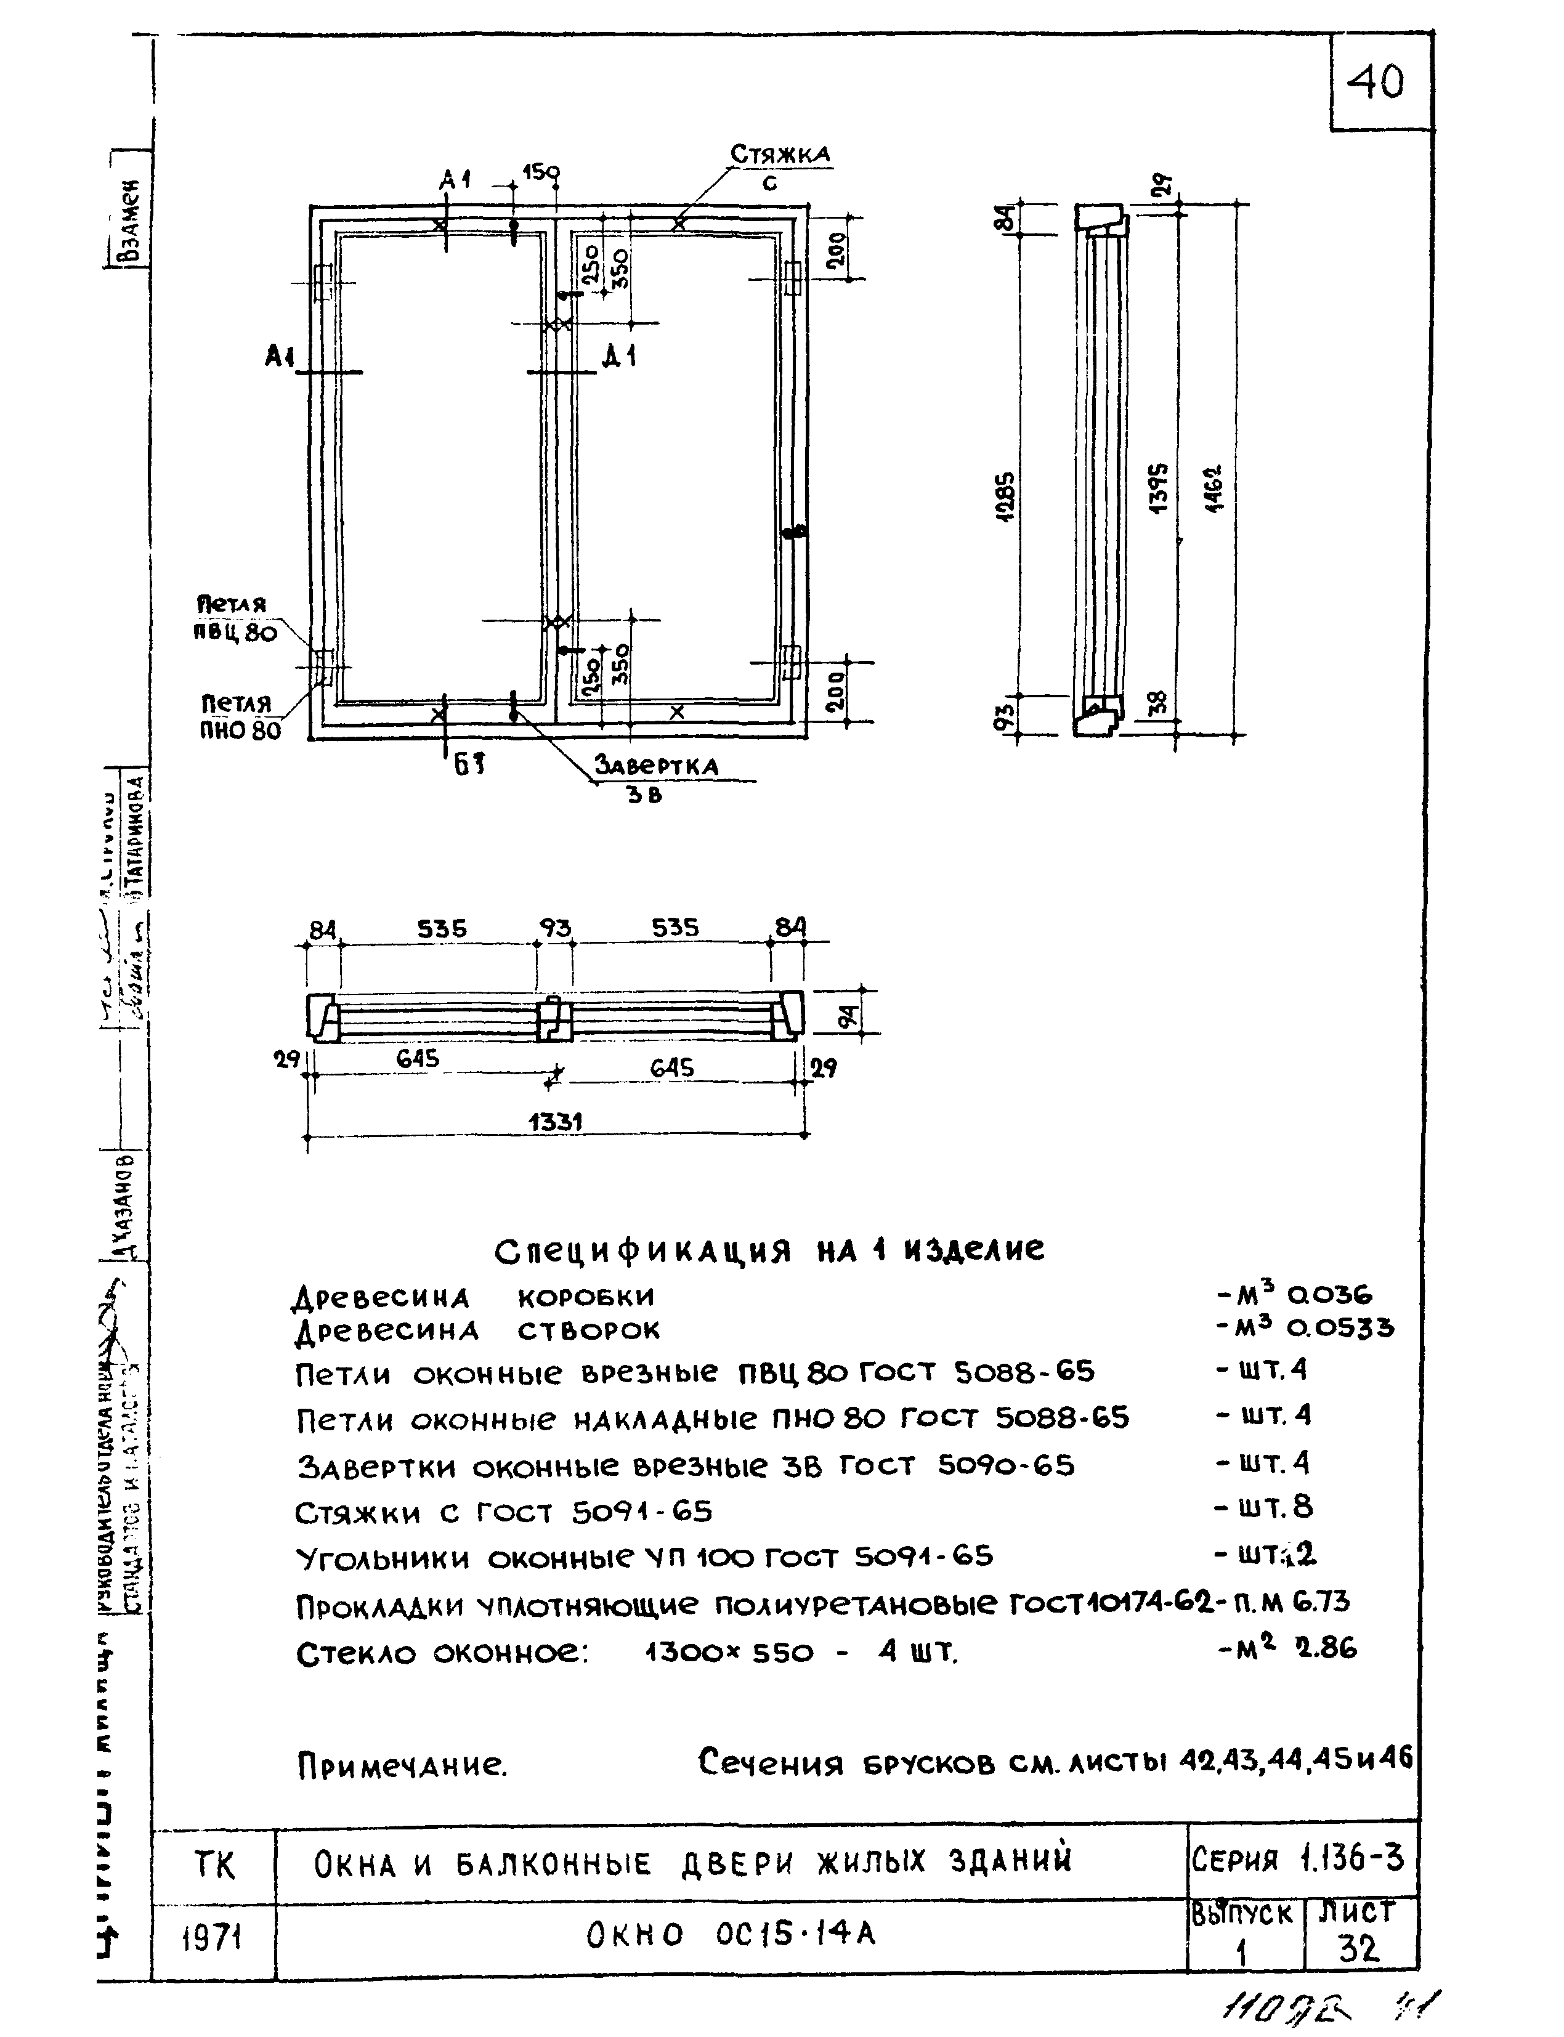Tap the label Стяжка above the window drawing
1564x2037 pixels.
[x=779, y=155]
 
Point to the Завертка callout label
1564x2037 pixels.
[x=656, y=766]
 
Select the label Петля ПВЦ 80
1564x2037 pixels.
[x=235, y=618]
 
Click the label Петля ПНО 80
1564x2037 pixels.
[x=239, y=717]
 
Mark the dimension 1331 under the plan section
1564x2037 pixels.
[x=555, y=1123]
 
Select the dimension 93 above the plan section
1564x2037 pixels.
[x=555, y=928]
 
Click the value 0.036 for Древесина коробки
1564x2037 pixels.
[x=1329, y=1294]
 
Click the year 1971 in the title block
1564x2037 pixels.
[x=213, y=1938]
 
